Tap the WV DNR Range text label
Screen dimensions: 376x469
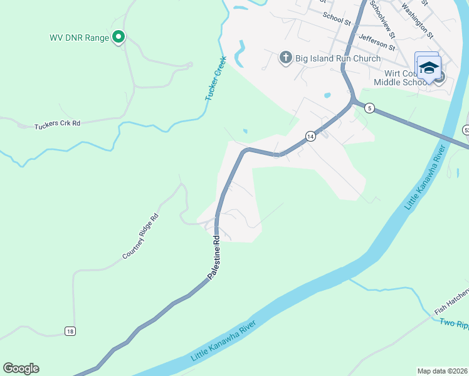coord(80,38)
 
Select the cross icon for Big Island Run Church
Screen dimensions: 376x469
coord(285,58)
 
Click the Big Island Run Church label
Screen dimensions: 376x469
coord(337,58)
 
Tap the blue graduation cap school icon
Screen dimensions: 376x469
coord(429,68)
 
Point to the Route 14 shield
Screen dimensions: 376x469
coord(310,135)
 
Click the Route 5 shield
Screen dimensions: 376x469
coord(370,108)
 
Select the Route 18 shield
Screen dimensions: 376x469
coord(69,331)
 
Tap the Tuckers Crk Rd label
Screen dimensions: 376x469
coord(58,123)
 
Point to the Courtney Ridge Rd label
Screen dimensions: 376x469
coord(141,236)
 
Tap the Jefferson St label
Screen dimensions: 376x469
coord(376,42)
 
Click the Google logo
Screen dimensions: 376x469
coord(21,368)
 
